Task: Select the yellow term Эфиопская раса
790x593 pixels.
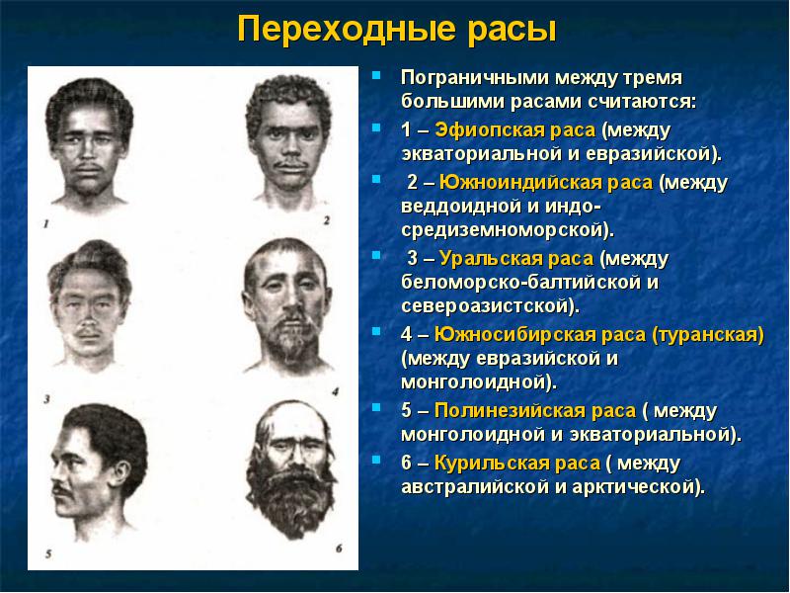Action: pyautogui.click(x=514, y=130)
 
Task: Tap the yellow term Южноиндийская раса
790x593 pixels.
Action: pyautogui.click(x=546, y=182)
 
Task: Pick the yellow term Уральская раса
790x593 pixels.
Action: pyautogui.click(x=516, y=259)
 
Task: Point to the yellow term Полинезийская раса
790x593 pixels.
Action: pyautogui.click(x=535, y=410)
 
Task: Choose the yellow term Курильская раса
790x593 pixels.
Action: pyautogui.click(x=517, y=463)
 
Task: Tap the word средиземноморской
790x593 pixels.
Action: pyautogui.click(x=508, y=230)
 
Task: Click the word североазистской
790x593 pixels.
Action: pyautogui.click(x=490, y=306)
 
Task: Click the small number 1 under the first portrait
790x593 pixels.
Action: pyautogui.click(x=46, y=224)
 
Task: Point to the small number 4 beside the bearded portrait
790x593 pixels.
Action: pyautogui.click(x=335, y=391)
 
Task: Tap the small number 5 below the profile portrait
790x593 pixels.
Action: pyautogui.click(x=48, y=554)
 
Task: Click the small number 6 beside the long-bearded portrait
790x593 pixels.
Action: pyautogui.click(x=339, y=549)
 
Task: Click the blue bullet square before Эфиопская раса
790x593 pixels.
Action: pyautogui.click(x=376, y=127)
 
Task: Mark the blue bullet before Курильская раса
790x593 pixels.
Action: pyautogui.click(x=376, y=460)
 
